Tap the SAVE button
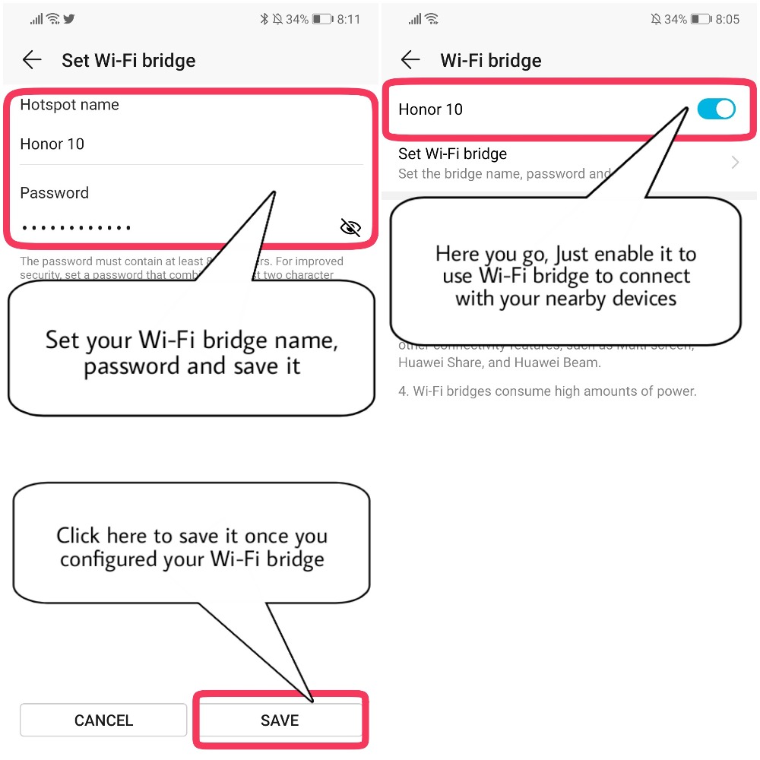(x=280, y=720)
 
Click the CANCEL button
(x=103, y=720)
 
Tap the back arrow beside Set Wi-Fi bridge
(x=32, y=60)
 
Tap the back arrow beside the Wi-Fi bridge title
(x=410, y=60)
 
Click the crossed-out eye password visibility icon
(x=350, y=227)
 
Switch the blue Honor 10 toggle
(x=716, y=109)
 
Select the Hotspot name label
(x=69, y=105)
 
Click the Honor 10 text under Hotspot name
(x=52, y=144)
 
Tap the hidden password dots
(x=76, y=227)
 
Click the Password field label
(x=54, y=193)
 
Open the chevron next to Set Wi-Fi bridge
(x=735, y=163)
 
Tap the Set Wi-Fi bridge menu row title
(x=452, y=154)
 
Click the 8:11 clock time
(x=349, y=19)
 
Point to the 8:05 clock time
(x=727, y=19)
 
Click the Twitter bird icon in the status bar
(x=69, y=19)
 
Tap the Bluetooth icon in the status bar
(x=264, y=19)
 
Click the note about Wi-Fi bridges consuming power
(x=547, y=391)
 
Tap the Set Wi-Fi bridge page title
(x=128, y=61)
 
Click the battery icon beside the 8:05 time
(x=701, y=19)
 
